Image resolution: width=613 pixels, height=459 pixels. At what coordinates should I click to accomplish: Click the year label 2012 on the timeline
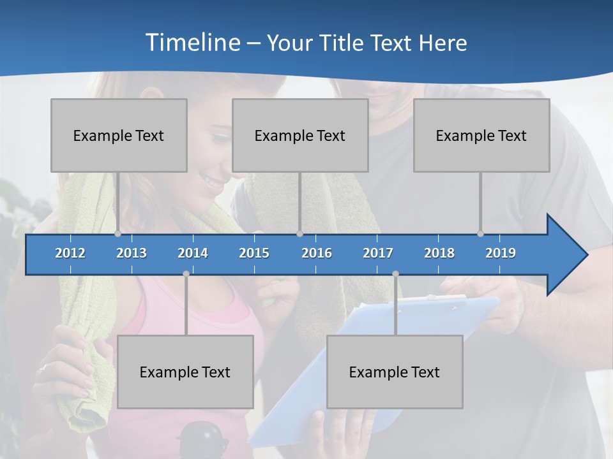[70, 253]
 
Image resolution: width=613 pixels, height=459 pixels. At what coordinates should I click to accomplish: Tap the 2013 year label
[132, 253]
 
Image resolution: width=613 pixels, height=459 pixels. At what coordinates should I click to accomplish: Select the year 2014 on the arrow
[193, 253]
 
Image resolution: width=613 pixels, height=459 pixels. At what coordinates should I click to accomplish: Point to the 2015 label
[254, 253]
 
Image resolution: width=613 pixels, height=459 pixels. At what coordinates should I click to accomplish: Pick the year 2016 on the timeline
[317, 253]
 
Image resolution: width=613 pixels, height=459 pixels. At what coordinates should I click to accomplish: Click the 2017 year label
[378, 253]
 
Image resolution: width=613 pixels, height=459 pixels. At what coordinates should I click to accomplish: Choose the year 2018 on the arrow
[439, 253]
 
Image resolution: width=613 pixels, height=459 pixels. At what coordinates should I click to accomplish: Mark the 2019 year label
[501, 253]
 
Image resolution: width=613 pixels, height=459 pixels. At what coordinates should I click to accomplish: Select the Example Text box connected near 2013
[119, 135]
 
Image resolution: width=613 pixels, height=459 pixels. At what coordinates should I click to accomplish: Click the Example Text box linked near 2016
[300, 135]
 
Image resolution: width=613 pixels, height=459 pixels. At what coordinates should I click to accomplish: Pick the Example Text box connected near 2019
[481, 135]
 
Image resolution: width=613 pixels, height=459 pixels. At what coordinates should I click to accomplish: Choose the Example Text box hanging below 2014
[185, 372]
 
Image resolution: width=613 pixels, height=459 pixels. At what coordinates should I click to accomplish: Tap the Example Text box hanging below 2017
[395, 372]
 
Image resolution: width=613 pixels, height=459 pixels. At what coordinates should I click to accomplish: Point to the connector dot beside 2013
[118, 234]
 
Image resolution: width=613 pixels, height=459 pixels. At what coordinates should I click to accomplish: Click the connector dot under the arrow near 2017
[395, 273]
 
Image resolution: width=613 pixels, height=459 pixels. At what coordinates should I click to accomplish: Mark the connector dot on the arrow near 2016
[299, 234]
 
